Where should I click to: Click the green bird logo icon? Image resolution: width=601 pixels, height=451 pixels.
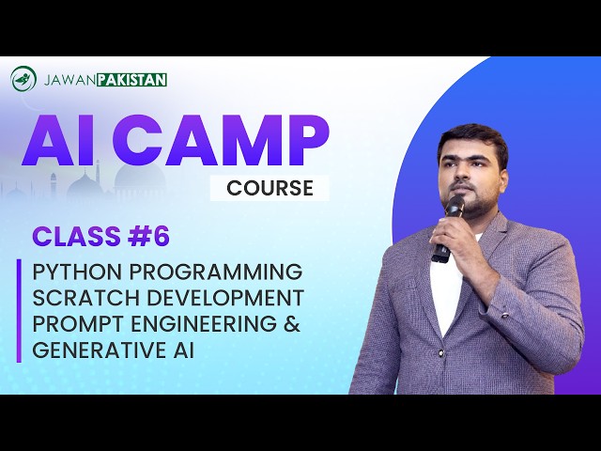click(23, 79)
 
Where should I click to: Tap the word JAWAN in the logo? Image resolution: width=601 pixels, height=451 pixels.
click(70, 80)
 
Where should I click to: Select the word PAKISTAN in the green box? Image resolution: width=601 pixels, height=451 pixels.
click(133, 80)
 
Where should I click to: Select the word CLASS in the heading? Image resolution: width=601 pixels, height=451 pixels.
click(76, 237)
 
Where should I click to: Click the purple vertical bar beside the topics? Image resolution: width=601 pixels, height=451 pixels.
click(18, 311)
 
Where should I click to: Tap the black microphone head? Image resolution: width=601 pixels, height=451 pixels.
click(455, 206)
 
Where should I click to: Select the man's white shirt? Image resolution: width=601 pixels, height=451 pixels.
click(446, 291)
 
